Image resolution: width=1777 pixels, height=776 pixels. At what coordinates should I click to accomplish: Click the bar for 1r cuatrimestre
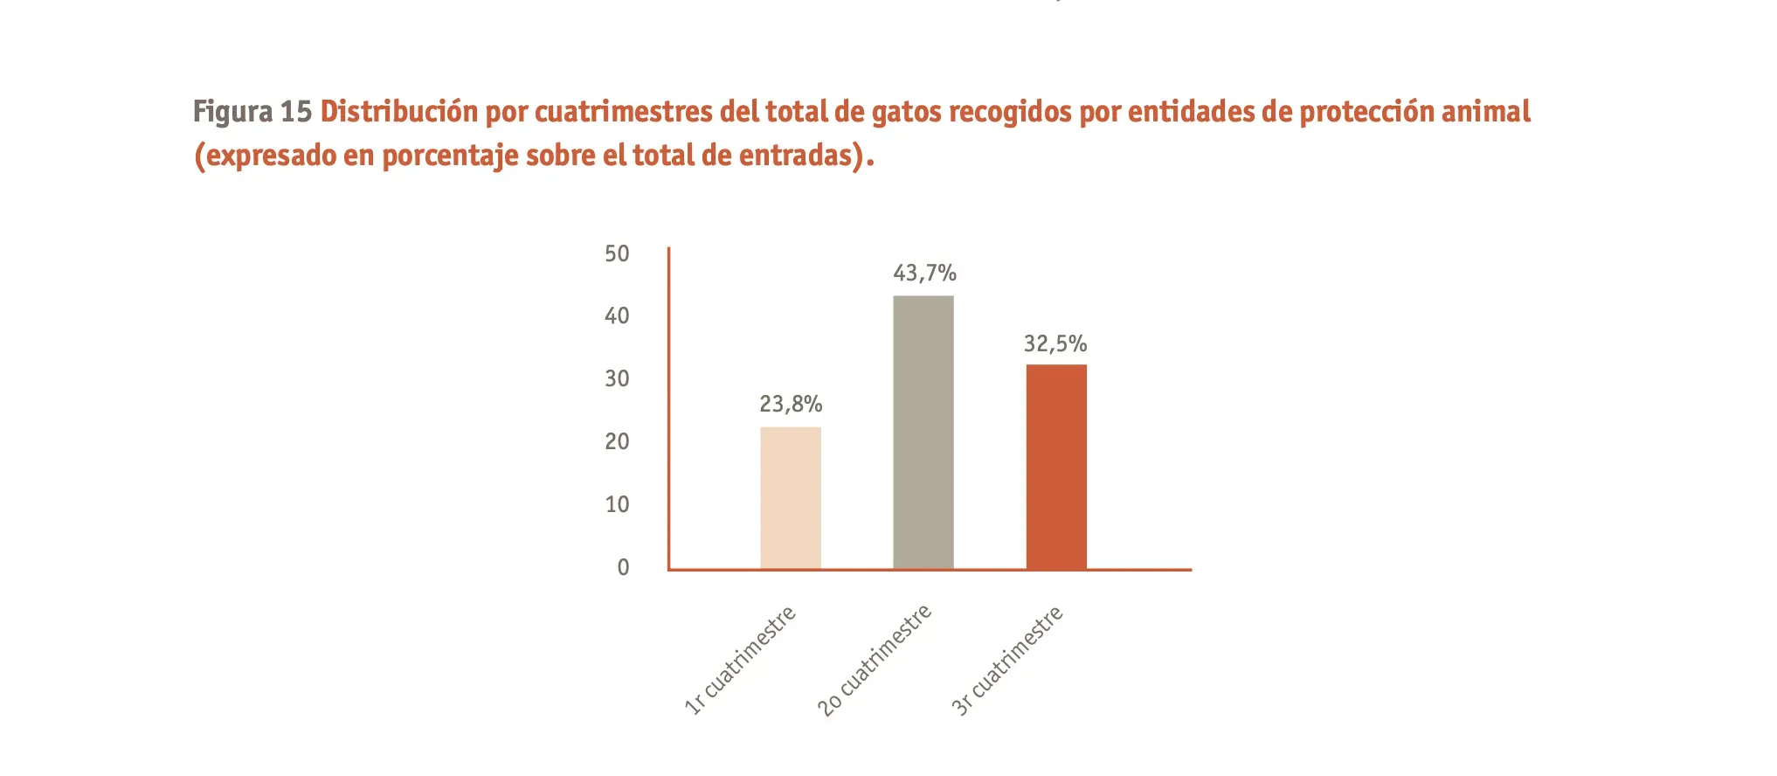click(790, 498)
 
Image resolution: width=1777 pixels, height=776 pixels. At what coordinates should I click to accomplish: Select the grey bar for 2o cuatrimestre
click(923, 433)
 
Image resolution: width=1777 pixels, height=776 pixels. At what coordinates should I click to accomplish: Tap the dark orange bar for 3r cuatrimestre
click(1056, 467)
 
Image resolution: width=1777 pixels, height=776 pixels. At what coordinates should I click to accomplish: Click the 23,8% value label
click(791, 405)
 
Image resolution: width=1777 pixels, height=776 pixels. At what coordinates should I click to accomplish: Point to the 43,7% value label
click(924, 274)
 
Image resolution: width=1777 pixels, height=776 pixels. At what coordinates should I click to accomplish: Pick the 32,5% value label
click(1055, 344)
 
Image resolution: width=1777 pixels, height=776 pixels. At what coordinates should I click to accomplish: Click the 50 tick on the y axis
click(617, 254)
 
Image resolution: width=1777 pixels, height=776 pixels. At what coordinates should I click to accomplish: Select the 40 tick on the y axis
click(617, 316)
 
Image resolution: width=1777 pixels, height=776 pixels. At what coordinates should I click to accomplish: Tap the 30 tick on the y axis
click(617, 379)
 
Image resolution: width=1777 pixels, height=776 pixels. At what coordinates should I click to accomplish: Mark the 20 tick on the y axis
click(617, 442)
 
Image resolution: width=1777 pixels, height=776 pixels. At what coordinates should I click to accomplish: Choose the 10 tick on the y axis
click(617, 505)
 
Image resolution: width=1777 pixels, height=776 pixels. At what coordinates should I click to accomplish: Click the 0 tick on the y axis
click(623, 568)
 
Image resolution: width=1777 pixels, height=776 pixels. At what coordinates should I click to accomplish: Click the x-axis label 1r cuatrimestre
click(740, 661)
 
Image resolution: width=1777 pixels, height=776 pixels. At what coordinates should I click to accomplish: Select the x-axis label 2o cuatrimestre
click(875, 661)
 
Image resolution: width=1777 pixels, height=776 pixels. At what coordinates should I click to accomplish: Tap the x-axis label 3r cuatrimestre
click(1006, 661)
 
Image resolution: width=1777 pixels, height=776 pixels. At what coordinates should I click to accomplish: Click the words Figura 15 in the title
click(252, 112)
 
